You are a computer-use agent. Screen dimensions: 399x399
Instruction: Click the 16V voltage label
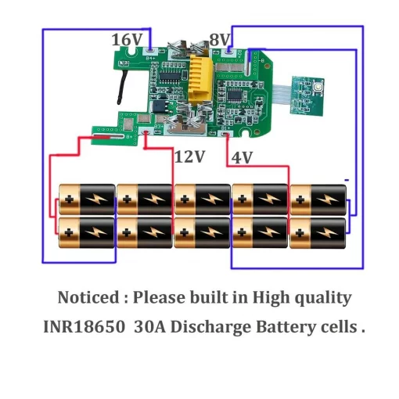(x=127, y=40)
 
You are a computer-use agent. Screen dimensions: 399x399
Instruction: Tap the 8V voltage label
(x=219, y=40)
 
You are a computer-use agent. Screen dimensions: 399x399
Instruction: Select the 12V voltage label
(x=189, y=157)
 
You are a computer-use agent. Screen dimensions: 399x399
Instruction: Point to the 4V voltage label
(x=242, y=157)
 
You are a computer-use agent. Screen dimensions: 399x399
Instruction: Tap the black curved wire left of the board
(x=123, y=87)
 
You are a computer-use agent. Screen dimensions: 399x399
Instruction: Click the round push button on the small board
(x=318, y=87)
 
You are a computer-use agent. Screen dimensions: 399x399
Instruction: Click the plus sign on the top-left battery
(x=70, y=199)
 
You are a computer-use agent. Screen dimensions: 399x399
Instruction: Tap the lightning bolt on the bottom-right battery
(x=327, y=232)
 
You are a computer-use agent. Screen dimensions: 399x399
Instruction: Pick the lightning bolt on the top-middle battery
(x=211, y=199)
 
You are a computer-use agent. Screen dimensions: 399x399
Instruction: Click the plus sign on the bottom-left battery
(x=69, y=232)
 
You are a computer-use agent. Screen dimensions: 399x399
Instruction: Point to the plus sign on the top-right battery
(x=300, y=199)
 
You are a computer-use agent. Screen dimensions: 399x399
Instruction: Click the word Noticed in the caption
(x=88, y=297)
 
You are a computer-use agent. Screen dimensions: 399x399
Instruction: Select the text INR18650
(x=84, y=326)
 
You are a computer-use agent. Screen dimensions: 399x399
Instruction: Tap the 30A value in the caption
(x=149, y=326)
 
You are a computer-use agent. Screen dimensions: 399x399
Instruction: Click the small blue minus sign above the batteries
(x=347, y=180)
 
